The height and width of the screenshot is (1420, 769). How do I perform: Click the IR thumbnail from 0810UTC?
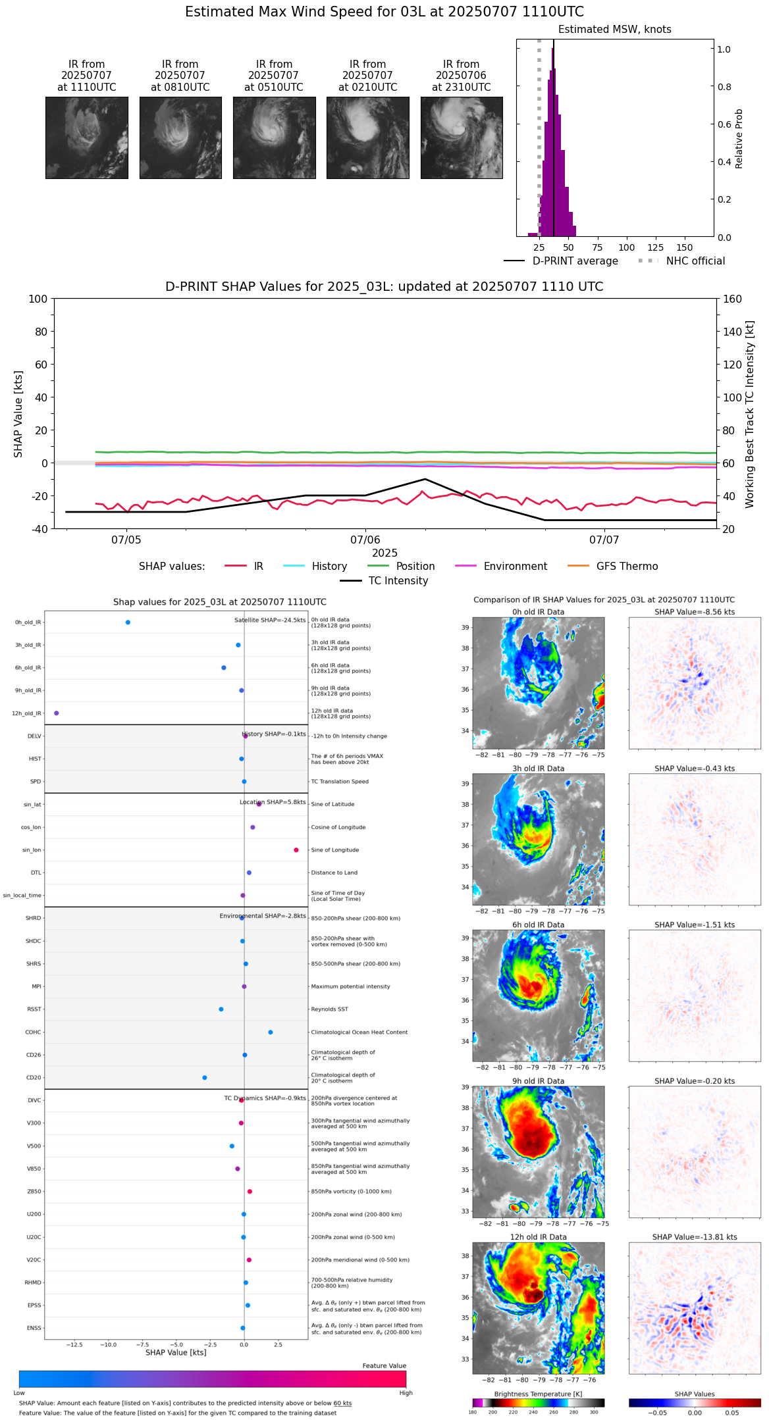pyautogui.click(x=180, y=138)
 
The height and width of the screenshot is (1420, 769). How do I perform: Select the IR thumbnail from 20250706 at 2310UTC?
pyautogui.click(x=462, y=138)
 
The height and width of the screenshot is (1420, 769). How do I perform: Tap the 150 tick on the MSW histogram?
pyautogui.click(x=685, y=247)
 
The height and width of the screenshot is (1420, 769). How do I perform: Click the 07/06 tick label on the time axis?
pyautogui.click(x=365, y=540)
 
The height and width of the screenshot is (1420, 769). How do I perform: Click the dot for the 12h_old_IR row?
pyautogui.click(x=57, y=713)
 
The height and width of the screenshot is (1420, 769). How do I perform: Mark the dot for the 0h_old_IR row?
pyautogui.click(x=128, y=622)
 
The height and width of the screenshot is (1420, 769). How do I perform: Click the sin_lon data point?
pyautogui.click(x=296, y=850)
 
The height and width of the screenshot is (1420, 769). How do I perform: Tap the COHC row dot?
pyautogui.click(x=271, y=1032)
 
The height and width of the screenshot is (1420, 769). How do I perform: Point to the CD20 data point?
pyautogui.click(x=205, y=1078)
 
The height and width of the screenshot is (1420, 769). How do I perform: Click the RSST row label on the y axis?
pyautogui.click(x=34, y=1009)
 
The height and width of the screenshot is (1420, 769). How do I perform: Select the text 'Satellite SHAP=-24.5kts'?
pyautogui.click(x=270, y=621)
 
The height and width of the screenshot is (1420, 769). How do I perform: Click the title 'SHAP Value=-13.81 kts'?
pyautogui.click(x=695, y=1237)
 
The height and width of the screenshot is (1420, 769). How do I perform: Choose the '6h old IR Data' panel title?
pyautogui.click(x=538, y=925)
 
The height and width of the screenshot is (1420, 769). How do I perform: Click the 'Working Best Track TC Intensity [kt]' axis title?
pyautogui.click(x=750, y=415)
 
